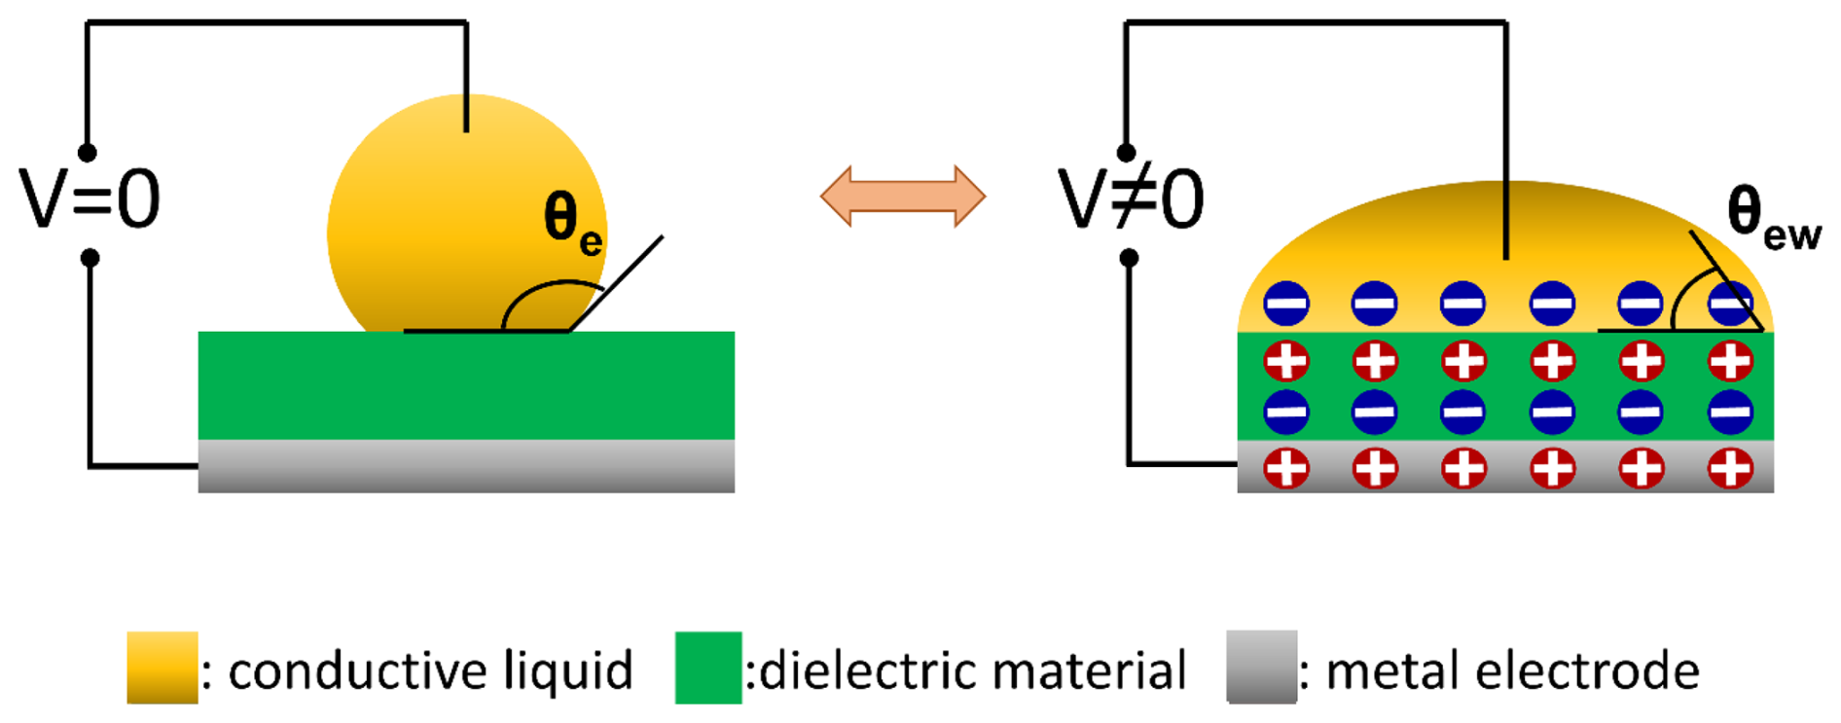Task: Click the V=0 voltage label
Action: (90, 199)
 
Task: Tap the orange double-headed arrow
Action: (903, 197)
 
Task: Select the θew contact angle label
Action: (1772, 218)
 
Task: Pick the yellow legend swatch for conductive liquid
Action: (162, 668)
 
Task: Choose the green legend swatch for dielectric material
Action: (708, 668)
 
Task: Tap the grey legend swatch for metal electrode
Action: (1261, 668)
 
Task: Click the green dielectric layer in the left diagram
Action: (466, 385)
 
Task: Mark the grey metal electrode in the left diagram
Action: (466, 466)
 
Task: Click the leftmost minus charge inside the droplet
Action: (1285, 305)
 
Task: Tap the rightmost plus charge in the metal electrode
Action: (1730, 468)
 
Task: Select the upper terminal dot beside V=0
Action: (88, 153)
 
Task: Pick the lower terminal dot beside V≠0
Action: (1129, 258)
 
